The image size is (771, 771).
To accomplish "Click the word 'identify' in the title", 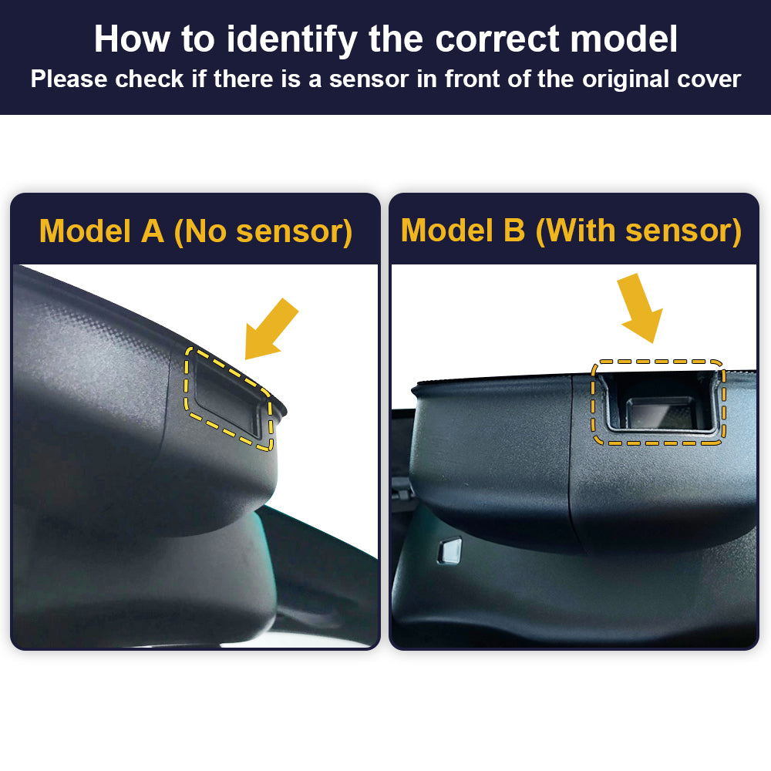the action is tap(291, 40).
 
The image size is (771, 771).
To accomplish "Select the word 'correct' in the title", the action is tap(497, 39).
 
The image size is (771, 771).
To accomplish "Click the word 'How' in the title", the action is tap(133, 39).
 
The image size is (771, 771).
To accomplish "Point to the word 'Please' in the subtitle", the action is tap(69, 79).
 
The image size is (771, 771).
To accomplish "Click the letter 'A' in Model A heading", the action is tap(153, 231).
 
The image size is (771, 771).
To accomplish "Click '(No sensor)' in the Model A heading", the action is tap(263, 231).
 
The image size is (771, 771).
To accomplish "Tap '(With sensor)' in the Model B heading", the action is tap(638, 231).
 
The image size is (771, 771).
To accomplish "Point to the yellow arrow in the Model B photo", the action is tap(641, 308).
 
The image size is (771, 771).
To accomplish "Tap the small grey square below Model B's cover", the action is tap(449, 550).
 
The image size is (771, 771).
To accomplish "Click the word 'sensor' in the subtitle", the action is tap(369, 79).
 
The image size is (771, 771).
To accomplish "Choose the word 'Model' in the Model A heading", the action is tap(85, 231).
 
